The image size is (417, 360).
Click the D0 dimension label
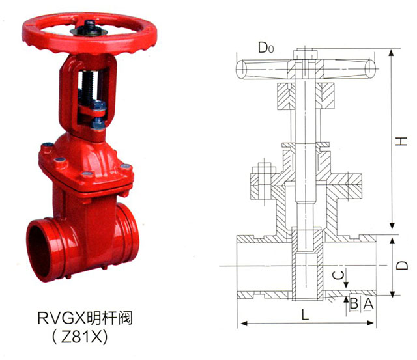click(266, 48)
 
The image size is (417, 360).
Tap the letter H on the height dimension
click(401, 141)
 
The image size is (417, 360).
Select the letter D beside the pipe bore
click(401, 265)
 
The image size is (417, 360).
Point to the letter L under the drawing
click(306, 315)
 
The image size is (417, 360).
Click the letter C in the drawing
click(338, 275)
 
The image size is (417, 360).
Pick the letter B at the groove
click(354, 303)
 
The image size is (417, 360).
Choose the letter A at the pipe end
click(368, 303)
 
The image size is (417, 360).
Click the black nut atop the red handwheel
click(90, 27)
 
